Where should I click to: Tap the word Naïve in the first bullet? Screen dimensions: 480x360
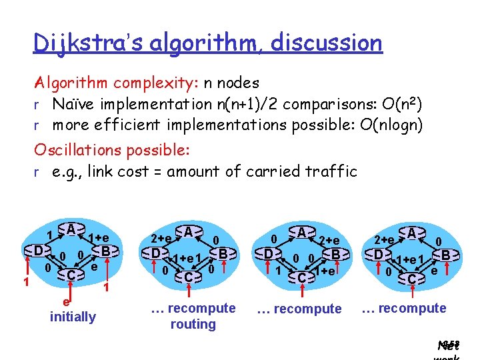(x=79, y=105)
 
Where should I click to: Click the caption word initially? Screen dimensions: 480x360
(x=73, y=317)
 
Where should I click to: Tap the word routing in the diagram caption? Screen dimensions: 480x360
(x=193, y=325)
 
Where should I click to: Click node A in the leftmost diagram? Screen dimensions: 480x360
(x=71, y=229)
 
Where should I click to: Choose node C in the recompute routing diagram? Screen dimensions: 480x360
(x=189, y=277)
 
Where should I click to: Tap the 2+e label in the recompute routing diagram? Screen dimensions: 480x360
(x=161, y=237)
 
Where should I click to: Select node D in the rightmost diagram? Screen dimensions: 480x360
(x=378, y=255)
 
